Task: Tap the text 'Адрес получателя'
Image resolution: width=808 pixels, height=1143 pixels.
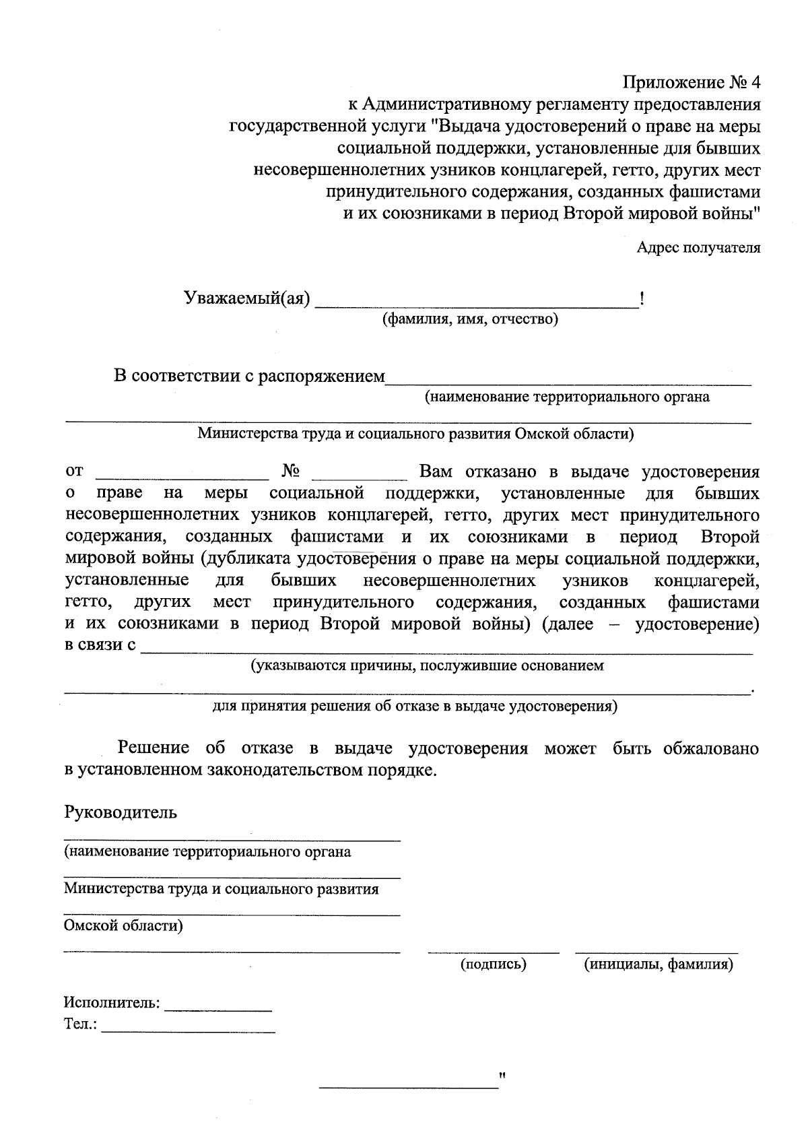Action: tap(698, 248)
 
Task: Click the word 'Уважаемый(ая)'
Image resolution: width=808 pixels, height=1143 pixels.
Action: tap(247, 298)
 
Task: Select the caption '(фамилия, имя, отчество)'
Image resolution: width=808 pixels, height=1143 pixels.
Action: tap(470, 319)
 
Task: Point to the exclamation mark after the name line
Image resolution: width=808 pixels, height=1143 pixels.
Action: tap(642, 298)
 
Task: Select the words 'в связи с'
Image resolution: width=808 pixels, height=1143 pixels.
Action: tap(99, 645)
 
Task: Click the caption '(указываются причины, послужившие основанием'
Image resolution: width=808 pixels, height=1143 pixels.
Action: tap(427, 665)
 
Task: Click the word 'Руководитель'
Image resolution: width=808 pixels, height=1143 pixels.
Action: tap(121, 812)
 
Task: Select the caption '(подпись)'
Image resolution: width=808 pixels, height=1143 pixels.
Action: tap(493, 965)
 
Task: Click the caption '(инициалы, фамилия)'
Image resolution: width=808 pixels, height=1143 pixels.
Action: tap(658, 965)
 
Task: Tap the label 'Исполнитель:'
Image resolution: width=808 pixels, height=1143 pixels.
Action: tap(112, 1003)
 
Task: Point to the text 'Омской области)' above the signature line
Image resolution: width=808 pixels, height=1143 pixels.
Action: tap(123, 925)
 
